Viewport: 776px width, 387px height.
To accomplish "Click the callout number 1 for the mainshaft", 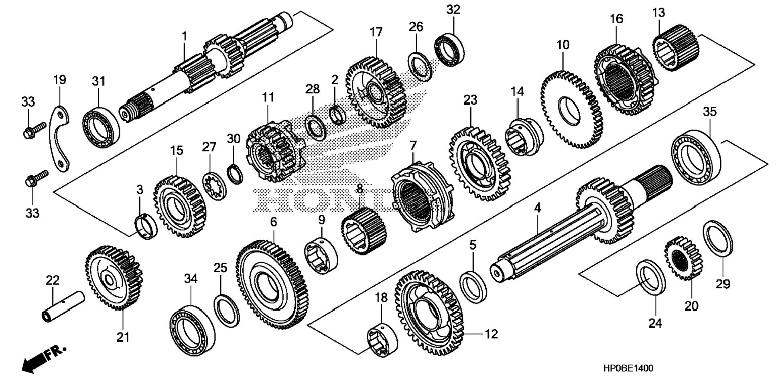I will tap(184, 36).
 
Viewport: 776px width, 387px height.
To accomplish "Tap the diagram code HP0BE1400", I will tap(628, 369).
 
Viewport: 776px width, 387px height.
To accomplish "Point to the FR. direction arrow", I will tap(42, 358).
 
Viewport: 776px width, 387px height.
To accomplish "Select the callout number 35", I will tap(709, 112).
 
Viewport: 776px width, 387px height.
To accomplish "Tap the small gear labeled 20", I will tap(683, 258).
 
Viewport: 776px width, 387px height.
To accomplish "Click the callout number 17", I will tap(376, 32).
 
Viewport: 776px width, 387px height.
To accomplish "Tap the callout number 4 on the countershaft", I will tap(537, 208).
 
